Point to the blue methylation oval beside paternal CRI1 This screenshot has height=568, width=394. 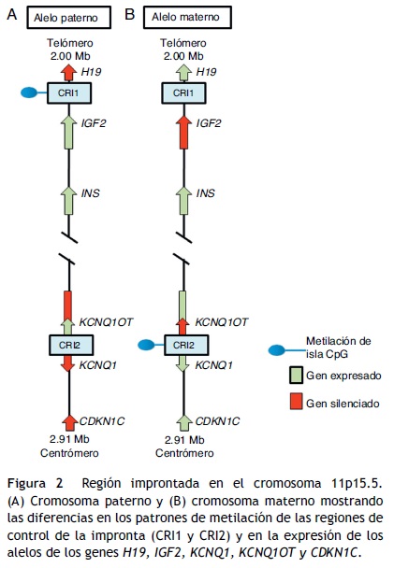(32, 93)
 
